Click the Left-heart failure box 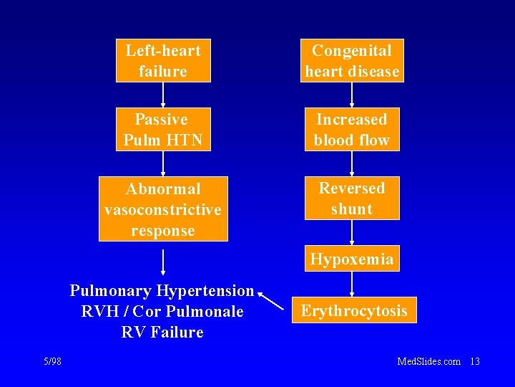[163, 61]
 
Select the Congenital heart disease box [352, 61]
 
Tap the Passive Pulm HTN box [163, 130]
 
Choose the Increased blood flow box [352, 130]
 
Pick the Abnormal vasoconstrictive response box [163, 209]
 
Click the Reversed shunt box [352, 199]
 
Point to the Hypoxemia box [352, 259]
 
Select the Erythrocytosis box [354, 310]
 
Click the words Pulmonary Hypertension [162, 290]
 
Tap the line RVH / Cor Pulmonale [162, 312]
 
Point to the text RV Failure [162, 332]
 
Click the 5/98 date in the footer [52, 362]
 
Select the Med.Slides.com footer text [428, 362]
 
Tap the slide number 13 [474, 362]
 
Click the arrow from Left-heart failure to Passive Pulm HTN [163, 95]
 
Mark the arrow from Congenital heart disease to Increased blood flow [352, 95]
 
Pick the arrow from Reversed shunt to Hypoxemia [352, 233]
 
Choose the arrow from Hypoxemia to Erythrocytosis [352, 284]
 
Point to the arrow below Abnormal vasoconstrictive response [163, 262]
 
